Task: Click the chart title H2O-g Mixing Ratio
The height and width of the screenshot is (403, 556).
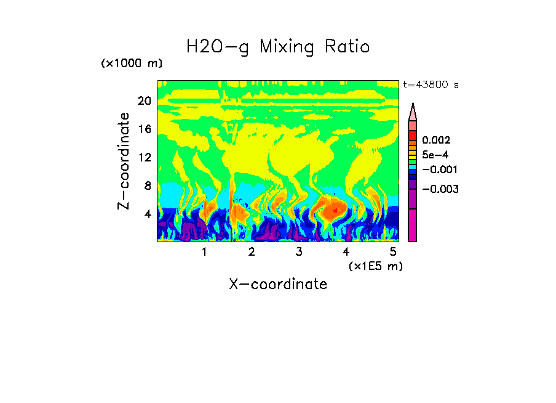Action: point(278,47)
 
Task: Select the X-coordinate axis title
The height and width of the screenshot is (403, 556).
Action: point(278,284)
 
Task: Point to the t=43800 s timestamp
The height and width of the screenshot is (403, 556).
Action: point(431,85)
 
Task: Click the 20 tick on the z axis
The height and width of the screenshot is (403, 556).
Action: point(144,101)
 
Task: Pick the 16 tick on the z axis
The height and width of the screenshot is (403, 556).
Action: point(144,129)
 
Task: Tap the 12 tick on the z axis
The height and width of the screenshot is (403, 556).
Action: point(144,158)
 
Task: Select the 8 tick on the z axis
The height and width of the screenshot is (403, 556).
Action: point(147,185)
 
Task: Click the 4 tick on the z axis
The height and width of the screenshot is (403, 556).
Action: point(147,214)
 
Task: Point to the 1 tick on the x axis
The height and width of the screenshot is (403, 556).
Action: point(204,252)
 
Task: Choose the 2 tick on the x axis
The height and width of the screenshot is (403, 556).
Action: point(252,252)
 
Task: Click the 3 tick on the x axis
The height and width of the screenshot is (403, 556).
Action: point(299,252)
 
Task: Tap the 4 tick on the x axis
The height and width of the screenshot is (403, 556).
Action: point(346,252)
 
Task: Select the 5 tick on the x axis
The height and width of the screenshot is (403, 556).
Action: point(393,252)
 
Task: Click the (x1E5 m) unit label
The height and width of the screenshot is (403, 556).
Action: point(375,266)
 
